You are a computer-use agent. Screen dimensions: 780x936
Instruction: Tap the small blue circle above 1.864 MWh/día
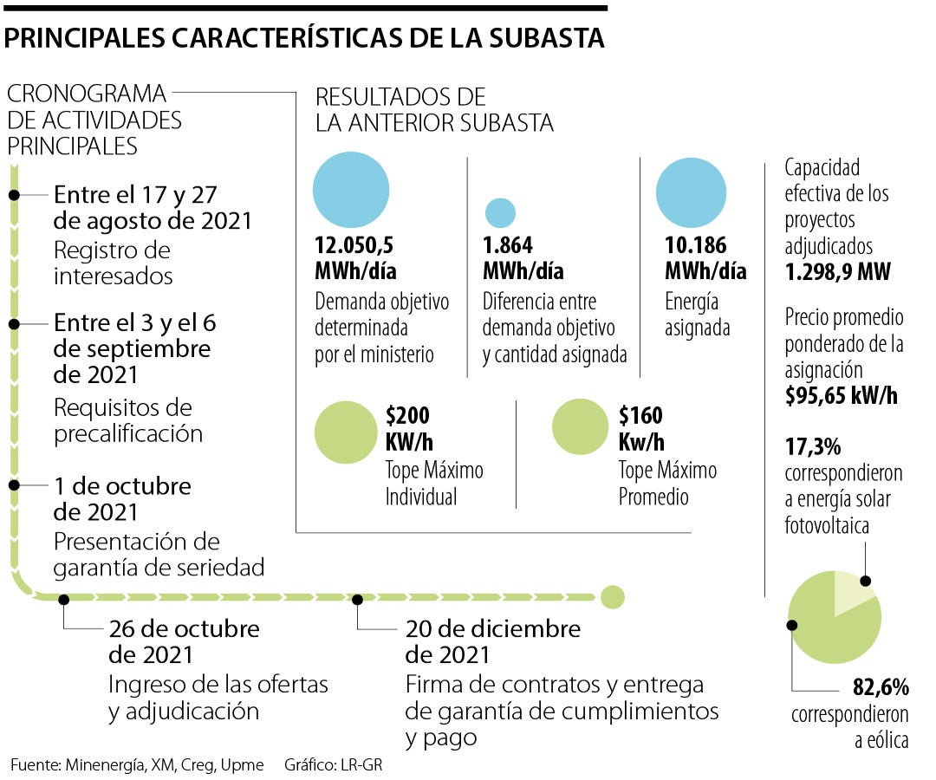point(500,212)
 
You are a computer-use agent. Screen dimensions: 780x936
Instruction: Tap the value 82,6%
point(881,688)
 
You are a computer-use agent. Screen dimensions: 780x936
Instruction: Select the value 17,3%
point(812,447)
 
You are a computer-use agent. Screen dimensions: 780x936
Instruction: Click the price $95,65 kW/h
point(841,396)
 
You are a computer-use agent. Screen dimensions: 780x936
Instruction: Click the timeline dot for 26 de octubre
point(63,598)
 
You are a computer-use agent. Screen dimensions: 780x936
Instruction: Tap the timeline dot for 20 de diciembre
point(357,598)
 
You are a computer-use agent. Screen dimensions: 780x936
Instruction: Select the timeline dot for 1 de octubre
point(15,482)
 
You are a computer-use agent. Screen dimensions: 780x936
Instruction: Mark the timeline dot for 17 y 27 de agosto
point(15,194)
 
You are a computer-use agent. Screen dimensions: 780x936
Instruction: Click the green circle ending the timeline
point(612,596)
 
